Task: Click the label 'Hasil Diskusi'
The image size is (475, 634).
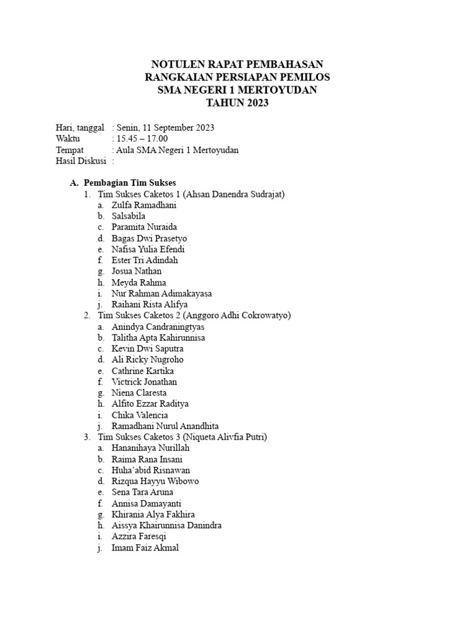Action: click(x=81, y=161)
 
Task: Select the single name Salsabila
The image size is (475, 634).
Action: click(x=129, y=216)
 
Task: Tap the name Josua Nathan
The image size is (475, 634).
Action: click(x=137, y=271)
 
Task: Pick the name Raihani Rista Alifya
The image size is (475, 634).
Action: click(x=149, y=305)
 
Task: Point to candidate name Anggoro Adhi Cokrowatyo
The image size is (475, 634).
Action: click(x=239, y=315)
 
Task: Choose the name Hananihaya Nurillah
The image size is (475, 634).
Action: click(x=151, y=448)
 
